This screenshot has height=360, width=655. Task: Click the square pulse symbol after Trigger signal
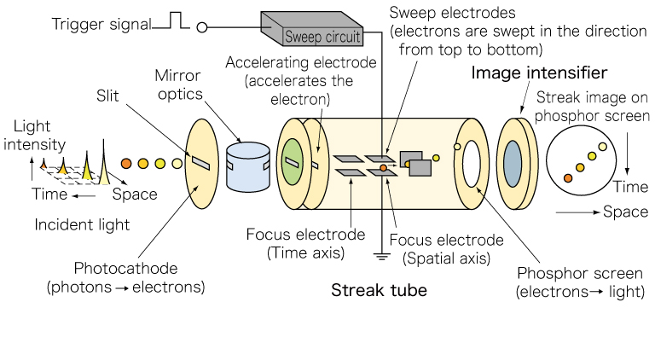tap(176, 20)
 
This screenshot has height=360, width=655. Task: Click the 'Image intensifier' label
tap(539, 72)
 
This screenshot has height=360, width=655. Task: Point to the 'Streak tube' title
tap(379, 292)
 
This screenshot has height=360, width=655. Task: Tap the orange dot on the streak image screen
tap(568, 177)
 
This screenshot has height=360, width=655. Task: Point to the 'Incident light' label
tap(83, 225)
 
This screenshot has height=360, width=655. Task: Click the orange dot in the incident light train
tap(126, 162)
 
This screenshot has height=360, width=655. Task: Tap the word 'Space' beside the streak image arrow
tap(625, 211)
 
